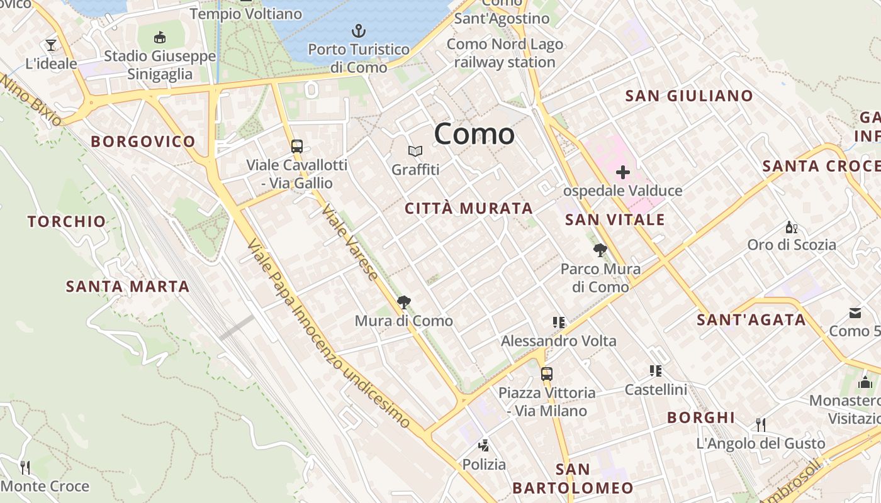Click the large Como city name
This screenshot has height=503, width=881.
click(x=474, y=134)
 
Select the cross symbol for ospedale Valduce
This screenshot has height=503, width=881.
click(x=623, y=172)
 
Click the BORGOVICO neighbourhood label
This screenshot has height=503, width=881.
click(x=143, y=141)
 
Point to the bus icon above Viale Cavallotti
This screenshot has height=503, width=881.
click(x=296, y=146)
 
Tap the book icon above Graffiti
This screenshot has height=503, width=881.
click(x=415, y=151)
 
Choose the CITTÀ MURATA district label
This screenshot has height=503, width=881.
click(x=469, y=209)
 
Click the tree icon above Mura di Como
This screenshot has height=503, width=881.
click(x=404, y=302)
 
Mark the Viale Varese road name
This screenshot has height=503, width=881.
click(x=350, y=242)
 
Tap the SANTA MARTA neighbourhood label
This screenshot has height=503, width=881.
click(x=128, y=287)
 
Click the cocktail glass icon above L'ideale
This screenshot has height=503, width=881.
click(x=51, y=45)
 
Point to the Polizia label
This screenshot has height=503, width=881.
click(x=484, y=465)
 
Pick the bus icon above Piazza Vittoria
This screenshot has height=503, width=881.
click(x=546, y=373)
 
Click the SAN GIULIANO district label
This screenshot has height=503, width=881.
click(x=688, y=96)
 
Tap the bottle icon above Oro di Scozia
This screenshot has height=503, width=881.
click(x=791, y=227)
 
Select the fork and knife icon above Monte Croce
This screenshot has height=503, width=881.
click(x=25, y=467)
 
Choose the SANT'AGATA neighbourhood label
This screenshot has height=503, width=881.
click(x=751, y=320)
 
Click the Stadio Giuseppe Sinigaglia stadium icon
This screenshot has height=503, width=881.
click(x=160, y=38)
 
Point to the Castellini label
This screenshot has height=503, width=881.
click(x=656, y=390)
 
